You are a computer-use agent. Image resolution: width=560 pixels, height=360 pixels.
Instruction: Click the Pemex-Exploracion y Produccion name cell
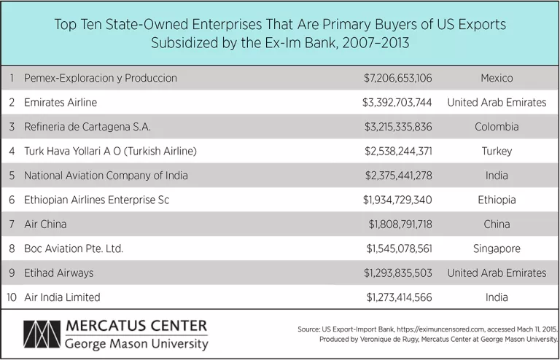(x=101, y=78)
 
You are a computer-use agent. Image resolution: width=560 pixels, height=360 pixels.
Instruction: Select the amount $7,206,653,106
(x=398, y=78)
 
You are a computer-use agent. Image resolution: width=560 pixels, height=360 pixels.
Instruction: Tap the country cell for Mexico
(x=497, y=78)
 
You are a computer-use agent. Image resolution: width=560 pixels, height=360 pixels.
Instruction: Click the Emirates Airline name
(x=61, y=102)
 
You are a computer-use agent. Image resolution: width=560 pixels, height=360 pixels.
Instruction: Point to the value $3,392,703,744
(x=397, y=102)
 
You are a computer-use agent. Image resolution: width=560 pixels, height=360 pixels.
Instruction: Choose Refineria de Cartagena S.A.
(x=87, y=127)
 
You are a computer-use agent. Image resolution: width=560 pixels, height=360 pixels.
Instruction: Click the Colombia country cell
(x=497, y=127)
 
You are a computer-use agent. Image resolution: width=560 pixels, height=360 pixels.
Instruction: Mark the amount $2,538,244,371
(x=398, y=152)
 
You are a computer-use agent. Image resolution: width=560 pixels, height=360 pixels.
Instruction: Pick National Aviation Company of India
(x=106, y=176)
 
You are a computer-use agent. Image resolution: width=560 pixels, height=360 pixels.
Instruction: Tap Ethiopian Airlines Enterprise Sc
(x=97, y=200)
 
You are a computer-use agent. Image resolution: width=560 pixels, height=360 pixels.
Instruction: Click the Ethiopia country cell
(x=497, y=200)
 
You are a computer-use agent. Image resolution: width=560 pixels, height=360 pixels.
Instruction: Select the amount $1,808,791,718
(x=398, y=224)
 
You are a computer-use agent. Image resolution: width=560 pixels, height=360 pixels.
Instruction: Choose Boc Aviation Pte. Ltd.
(x=74, y=249)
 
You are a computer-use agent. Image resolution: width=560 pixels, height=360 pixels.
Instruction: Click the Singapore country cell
(x=497, y=249)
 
